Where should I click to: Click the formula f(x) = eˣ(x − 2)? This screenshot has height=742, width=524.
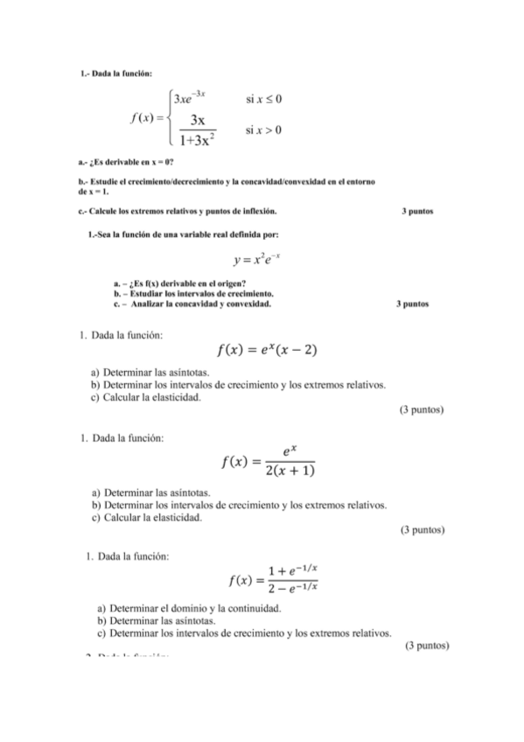[x=266, y=351]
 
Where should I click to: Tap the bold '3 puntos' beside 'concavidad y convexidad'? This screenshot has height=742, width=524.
[x=411, y=304]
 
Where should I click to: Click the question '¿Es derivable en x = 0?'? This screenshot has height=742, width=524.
[x=127, y=163]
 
